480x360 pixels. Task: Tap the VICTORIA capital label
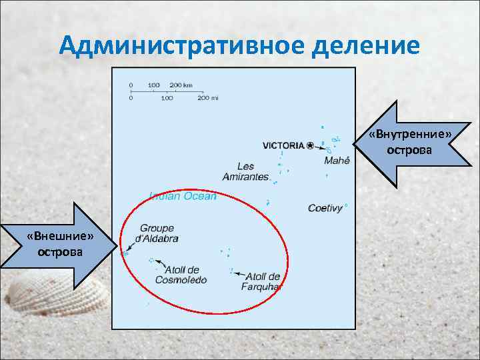[x=283, y=145]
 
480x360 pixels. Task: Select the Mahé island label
[x=337, y=161]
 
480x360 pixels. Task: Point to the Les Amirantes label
[x=245, y=171]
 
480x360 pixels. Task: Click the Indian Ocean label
[x=183, y=196]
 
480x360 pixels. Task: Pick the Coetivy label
[x=325, y=208]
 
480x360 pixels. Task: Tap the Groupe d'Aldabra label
[x=157, y=233]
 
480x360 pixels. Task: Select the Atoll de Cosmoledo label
[x=181, y=275]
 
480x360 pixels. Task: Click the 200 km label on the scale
[x=181, y=85]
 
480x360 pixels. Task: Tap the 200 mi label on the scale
[x=207, y=98]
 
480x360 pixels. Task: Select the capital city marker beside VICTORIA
[x=309, y=145]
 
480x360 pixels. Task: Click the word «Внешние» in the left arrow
[x=60, y=237]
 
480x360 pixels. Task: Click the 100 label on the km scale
[x=153, y=85]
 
